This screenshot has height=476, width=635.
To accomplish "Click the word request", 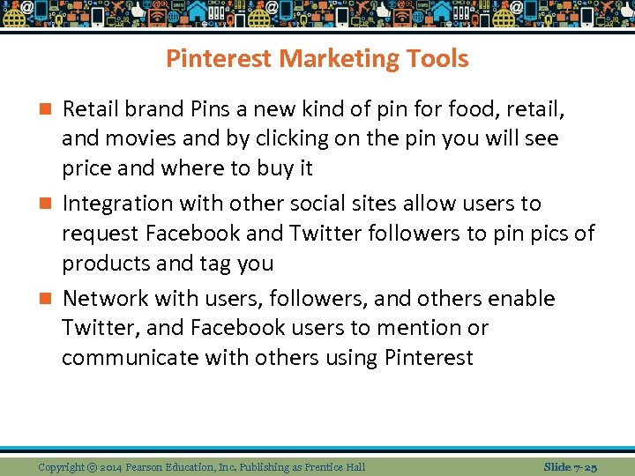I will (101, 234).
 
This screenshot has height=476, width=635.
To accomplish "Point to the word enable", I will (521, 299).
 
